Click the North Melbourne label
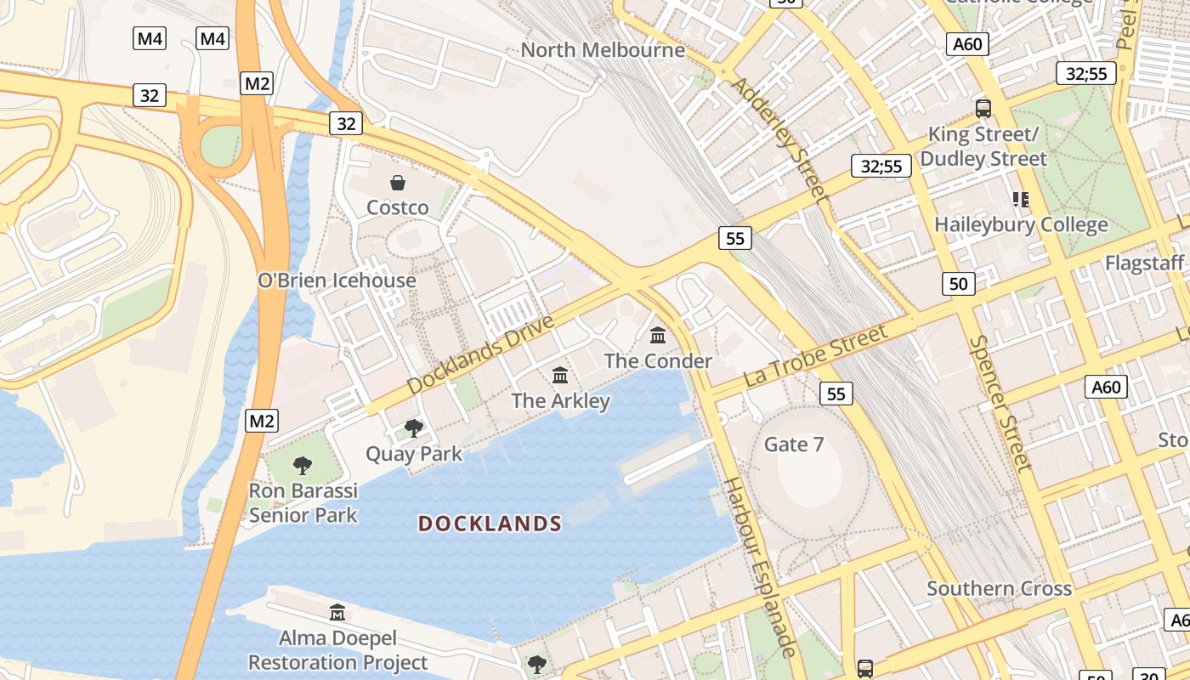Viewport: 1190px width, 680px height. pyautogui.click(x=603, y=50)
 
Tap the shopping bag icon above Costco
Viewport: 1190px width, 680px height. pyautogui.click(x=397, y=183)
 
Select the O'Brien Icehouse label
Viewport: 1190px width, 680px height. pyautogui.click(x=337, y=280)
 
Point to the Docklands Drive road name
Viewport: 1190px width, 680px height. pyautogui.click(x=480, y=354)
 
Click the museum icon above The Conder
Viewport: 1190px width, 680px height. pyautogui.click(x=658, y=336)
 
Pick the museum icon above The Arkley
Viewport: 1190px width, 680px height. pyautogui.click(x=560, y=375)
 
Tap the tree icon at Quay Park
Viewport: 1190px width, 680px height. pyautogui.click(x=414, y=428)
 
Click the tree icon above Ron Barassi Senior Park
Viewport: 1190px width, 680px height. pyautogui.click(x=302, y=465)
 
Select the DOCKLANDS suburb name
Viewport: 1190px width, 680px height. pyautogui.click(x=490, y=524)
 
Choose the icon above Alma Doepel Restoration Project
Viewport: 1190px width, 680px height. pyautogui.click(x=337, y=612)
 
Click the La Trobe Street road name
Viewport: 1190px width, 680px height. pyautogui.click(x=815, y=356)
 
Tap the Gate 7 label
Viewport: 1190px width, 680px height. pyautogui.click(x=794, y=444)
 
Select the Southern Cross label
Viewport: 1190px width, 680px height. pyautogui.click(x=999, y=588)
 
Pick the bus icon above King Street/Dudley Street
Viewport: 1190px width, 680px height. pyautogui.click(x=983, y=108)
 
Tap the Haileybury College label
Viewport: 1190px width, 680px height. pyautogui.click(x=1021, y=225)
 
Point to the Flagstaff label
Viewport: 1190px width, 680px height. pyautogui.click(x=1144, y=263)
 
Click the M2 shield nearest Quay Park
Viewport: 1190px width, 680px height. pyautogui.click(x=262, y=420)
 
